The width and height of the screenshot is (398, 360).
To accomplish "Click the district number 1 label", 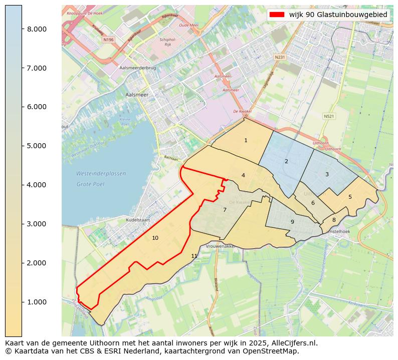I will coord(246,141).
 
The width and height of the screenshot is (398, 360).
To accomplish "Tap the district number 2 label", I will coord(286,162).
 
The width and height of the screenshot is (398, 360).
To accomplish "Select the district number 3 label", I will coord(327,175).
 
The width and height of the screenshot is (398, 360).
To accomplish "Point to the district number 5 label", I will coord(350,197).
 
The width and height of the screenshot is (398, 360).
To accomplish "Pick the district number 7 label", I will coord(225,210).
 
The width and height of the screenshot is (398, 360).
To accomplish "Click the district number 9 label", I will coord(292,222).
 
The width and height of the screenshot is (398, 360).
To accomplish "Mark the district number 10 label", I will coord(155,238).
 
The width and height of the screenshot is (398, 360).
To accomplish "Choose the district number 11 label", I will coord(194,256).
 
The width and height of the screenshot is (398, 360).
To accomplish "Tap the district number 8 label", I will coord(334,220).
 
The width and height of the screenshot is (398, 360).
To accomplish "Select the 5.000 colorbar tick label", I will coord(37,146).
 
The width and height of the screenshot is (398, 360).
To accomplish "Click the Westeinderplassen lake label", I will coord(101,174).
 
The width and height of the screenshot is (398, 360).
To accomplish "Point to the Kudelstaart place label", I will coord(124,220).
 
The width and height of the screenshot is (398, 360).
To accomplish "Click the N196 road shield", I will coord(108,39).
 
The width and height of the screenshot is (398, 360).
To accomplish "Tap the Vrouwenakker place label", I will coord(221,246).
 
